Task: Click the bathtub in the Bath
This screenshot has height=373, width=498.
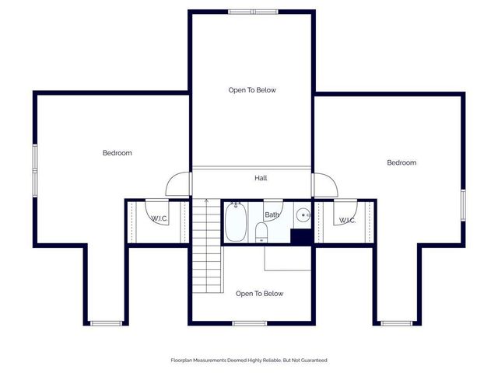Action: (236, 222)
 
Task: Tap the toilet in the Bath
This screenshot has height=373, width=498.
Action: (261, 232)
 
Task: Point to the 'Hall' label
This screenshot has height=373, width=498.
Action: (261, 178)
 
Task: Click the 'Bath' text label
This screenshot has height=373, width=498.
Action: (272, 214)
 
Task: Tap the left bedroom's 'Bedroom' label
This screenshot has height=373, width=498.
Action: (117, 153)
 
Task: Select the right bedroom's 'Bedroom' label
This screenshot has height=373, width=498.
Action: (402, 162)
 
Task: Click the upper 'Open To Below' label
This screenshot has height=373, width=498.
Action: (252, 90)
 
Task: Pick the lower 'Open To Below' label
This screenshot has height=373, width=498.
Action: (260, 294)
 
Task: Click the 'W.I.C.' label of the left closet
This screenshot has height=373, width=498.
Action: (159, 218)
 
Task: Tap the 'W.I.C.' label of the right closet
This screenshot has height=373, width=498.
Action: (347, 220)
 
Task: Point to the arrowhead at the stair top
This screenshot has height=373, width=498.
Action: (207, 201)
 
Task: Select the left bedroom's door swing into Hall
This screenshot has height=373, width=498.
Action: (178, 183)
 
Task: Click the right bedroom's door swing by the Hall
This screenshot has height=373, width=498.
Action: (324, 183)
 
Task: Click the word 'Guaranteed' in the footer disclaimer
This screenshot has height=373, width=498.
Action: (312, 361)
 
